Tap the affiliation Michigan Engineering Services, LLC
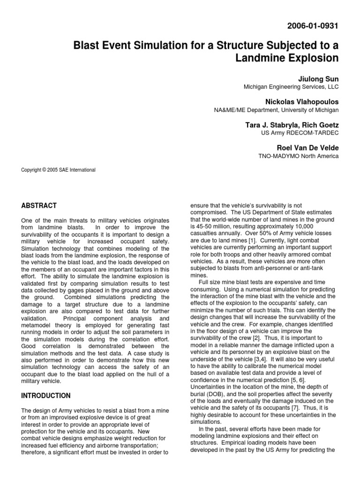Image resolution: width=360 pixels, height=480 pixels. click(x=291, y=87)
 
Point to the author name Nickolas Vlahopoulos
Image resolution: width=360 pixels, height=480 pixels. click(x=301, y=101)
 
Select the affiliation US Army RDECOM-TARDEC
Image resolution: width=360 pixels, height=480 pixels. click(x=300, y=133)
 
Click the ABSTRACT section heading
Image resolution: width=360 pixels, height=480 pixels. click(x=39, y=205)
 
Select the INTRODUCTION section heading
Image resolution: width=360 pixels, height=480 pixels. click(x=46, y=396)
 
